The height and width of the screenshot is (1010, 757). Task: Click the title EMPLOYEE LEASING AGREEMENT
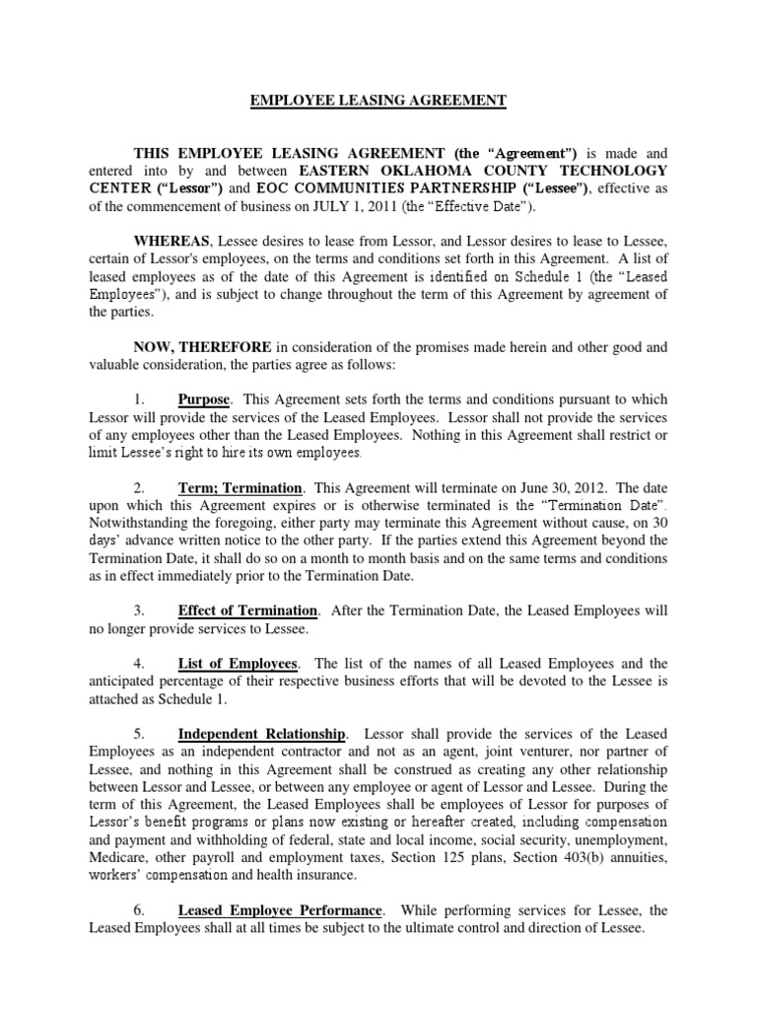click(x=378, y=101)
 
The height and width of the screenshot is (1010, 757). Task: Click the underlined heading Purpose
click(x=204, y=400)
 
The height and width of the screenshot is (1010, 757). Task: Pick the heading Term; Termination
click(x=240, y=488)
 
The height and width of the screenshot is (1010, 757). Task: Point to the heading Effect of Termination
click(x=247, y=612)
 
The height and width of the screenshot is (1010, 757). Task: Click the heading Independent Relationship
click(x=262, y=734)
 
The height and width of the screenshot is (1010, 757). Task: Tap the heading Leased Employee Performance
click(x=279, y=910)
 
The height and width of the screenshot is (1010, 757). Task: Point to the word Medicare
click(x=120, y=858)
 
